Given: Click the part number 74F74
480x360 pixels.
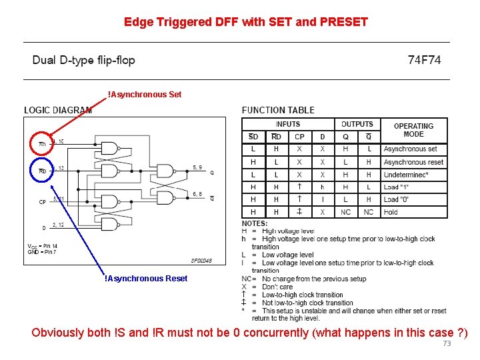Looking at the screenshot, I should click(x=424, y=60).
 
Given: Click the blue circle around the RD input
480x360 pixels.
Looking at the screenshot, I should click(x=41, y=171).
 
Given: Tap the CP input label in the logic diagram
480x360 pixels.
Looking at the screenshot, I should click(x=43, y=201).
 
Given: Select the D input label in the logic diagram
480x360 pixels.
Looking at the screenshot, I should click(x=45, y=228).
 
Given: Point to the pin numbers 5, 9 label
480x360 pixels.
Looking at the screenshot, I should click(x=198, y=167).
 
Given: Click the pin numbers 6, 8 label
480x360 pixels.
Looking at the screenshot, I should click(x=198, y=193).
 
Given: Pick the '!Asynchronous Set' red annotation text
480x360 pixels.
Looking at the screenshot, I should click(x=145, y=95).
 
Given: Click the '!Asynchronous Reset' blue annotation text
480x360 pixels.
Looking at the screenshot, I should click(x=146, y=279).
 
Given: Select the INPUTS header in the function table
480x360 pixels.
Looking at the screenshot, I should click(x=287, y=124).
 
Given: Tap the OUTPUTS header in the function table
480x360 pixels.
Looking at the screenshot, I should click(x=357, y=124).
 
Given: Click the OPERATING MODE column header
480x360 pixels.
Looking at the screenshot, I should click(x=413, y=130).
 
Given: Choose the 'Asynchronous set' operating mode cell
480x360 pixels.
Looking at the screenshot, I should click(x=410, y=149).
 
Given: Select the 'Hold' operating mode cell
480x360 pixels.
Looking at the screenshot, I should click(x=391, y=212).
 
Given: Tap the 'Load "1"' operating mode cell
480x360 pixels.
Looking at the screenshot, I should click(x=395, y=187).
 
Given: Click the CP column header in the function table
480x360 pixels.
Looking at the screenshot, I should click(x=299, y=137).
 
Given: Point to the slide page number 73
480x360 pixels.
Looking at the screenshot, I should click(x=447, y=343).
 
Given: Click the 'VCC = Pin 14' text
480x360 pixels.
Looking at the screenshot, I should click(x=43, y=246).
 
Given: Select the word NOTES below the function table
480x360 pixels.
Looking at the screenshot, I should click(x=255, y=223).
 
